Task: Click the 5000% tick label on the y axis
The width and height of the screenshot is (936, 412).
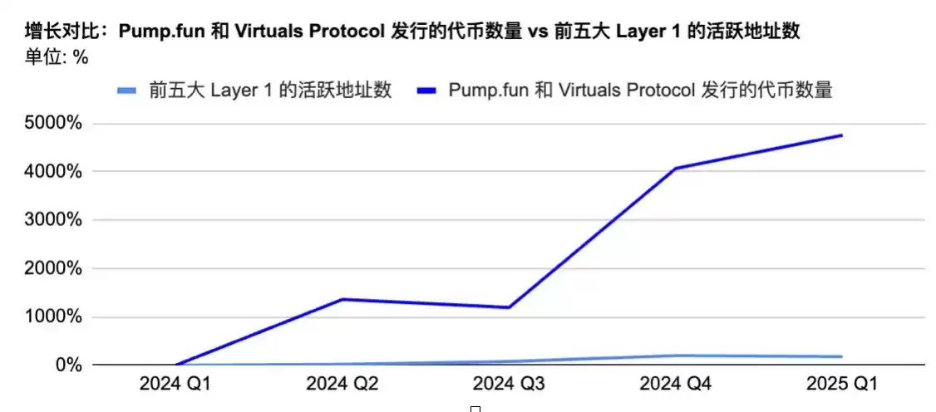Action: pos(52,124)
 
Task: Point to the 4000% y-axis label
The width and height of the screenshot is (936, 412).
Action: pos(52,172)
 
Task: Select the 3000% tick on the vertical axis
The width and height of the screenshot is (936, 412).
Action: pos(52,220)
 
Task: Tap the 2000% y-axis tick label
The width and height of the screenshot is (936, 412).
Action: pos(52,268)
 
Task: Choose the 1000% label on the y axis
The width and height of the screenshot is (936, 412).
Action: pos(52,316)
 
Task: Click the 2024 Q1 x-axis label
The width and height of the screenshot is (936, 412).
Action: pos(175,385)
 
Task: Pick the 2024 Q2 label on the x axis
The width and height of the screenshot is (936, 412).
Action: pos(342,385)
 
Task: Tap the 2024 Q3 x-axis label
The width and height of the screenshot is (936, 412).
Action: pos(509,385)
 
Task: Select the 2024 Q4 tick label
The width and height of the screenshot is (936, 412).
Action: pos(676,385)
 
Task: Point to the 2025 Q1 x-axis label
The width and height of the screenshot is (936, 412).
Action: pos(842,385)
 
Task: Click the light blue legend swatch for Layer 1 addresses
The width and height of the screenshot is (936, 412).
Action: pos(129,91)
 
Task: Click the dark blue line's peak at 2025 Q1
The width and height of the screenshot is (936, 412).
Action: pos(842,135)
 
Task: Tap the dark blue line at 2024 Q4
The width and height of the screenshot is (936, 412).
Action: pos(676,169)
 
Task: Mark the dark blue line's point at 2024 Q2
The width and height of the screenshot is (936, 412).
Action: pos(342,299)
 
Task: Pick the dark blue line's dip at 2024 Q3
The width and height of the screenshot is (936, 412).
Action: pos(509,307)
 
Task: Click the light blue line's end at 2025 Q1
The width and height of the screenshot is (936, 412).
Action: pos(842,356)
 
